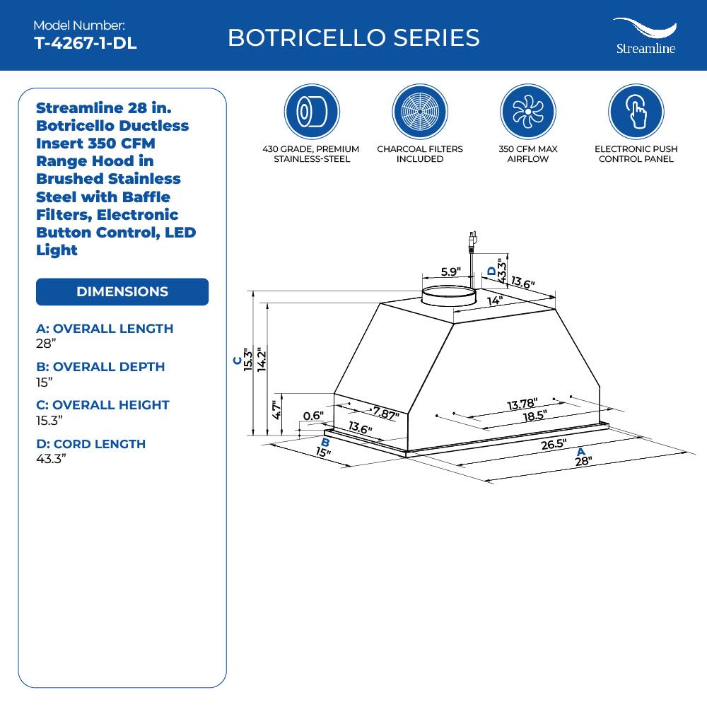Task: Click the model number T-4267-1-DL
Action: (86, 43)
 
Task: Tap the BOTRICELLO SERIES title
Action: (353, 37)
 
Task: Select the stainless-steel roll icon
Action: (312, 112)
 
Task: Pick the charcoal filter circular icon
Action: (420, 112)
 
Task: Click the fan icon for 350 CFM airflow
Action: (528, 112)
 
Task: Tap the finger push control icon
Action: (636, 112)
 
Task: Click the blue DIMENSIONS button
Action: (122, 292)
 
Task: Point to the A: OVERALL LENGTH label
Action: (105, 329)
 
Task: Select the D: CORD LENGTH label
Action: (90, 444)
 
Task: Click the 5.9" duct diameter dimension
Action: (450, 271)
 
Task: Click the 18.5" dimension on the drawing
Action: (534, 416)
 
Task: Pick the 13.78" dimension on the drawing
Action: (522, 404)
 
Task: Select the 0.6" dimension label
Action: (312, 416)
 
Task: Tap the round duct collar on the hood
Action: (448, 296)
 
